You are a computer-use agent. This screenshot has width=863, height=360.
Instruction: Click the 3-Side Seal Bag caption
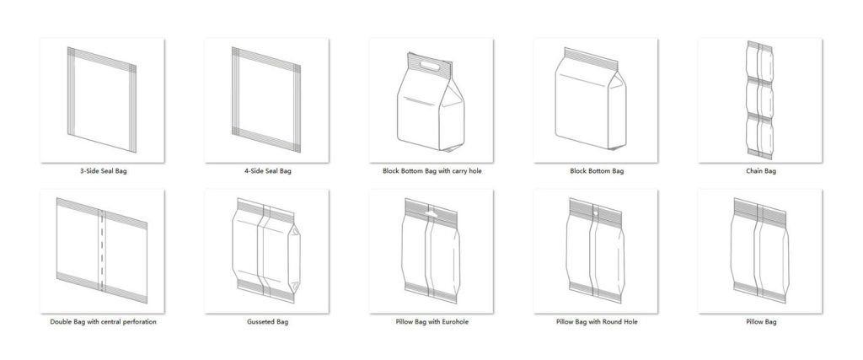(104, 171)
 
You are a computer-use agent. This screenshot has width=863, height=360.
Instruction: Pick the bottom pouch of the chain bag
(760, 135)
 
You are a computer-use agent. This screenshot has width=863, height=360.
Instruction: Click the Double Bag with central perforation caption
(104, 322)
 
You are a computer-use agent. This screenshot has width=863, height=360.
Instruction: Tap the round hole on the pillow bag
(595, 214)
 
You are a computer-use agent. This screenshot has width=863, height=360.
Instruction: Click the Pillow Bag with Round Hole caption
(595, 322)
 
